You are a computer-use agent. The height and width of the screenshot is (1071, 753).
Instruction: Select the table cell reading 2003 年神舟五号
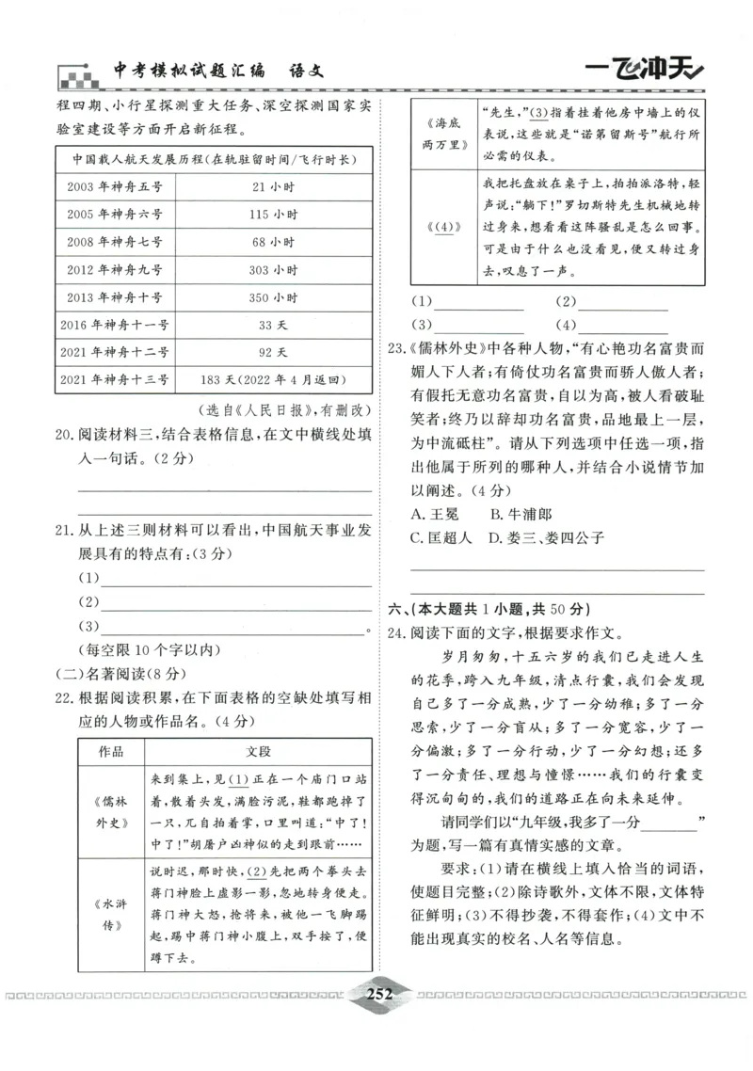pyautogui.click(x=115, y=186)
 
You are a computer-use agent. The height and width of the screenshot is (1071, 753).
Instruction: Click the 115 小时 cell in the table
pyautogui.click(x=274, y=215)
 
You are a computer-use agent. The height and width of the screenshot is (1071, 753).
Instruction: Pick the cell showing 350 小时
pyautogui.click(x=274, y=297)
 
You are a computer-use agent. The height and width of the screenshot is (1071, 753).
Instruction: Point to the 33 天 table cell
pyautogui.click(x=274, y=325)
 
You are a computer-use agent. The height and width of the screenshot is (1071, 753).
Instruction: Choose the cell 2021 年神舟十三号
pyautogui.click(x=115, y=380)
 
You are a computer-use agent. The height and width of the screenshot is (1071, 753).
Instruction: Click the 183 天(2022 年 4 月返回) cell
pyautogui.click(x=274, y=380)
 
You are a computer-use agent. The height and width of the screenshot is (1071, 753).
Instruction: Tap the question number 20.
pyautogui.click(x=64, y=435)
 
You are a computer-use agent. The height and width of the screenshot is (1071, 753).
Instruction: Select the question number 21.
pyautogui.click(x=64, y=531)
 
